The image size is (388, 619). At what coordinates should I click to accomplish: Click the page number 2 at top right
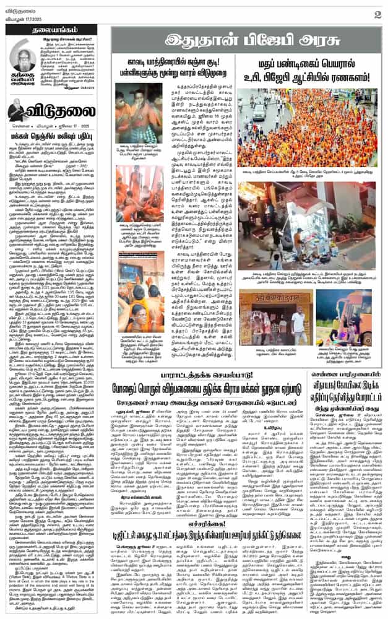(377, 14)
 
